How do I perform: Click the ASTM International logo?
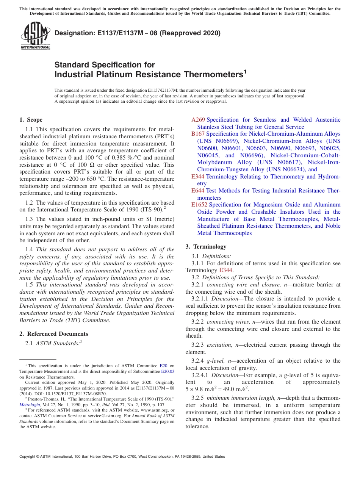[35, 36]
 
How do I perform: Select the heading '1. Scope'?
[31, 120]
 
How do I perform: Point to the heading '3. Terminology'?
[206, 247]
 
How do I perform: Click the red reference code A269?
[198, 120]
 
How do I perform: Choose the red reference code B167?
[198, 134]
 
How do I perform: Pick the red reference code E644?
[198, 191]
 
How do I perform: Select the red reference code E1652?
[199, 205]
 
